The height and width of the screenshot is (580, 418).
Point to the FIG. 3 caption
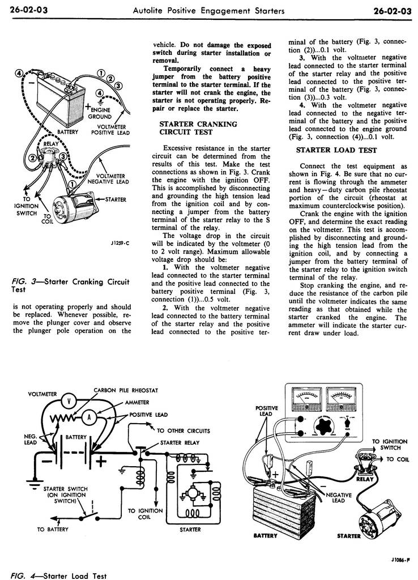(x=71, y=285)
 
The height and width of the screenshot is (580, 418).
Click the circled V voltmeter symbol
(x=69, y=400)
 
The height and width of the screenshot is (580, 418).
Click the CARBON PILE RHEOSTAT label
(x=125, y=390)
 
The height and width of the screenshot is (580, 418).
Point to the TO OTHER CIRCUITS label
(x=183, y=430)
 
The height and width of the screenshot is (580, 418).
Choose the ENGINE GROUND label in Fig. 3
(x=99, y=113)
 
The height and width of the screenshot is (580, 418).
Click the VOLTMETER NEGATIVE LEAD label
(x=108, y=179)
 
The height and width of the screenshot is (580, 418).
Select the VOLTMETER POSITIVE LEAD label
(x=110, y=130)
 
